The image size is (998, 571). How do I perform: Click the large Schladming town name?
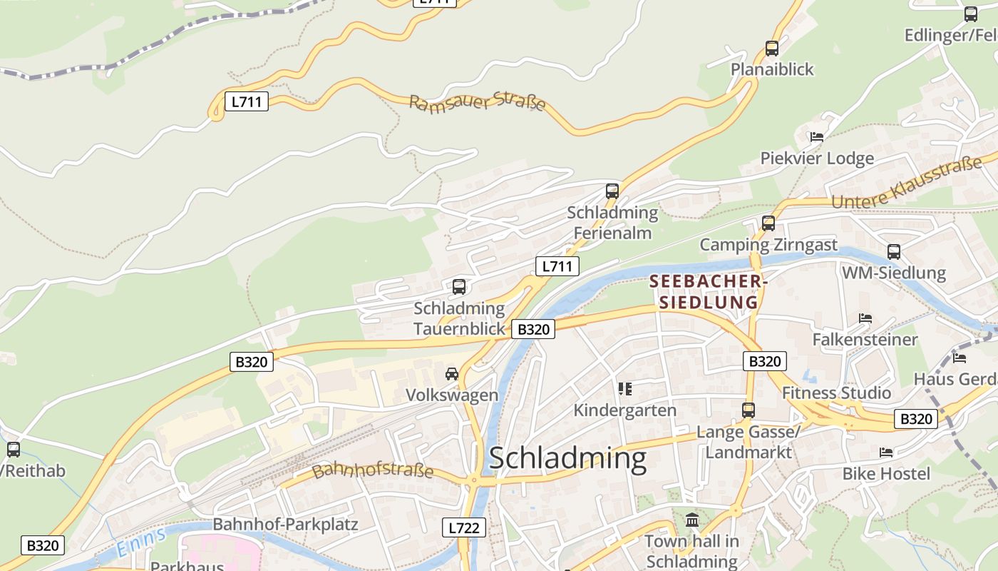pyautogui.click(x=567, y=458)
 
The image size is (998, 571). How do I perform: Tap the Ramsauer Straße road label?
pyautogui.click(x=477, y=102)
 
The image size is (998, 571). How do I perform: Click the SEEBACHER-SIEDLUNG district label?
pyautogui.click(x=708, y=292)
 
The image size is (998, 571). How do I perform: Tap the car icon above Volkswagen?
pyautogui.click(x=452, y=373)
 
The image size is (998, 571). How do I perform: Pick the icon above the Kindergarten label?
pyautogui.click(x=625, y=389)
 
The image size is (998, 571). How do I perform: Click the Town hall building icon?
pyautogui.click(x=691, y=520)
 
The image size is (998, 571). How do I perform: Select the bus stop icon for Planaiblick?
pyautogui.click(x=772, y=49)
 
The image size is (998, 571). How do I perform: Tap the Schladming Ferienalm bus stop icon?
pyautogui.click(x=612, y=191)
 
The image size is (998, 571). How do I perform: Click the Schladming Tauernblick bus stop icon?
pyautogui.click(x=459, y=287)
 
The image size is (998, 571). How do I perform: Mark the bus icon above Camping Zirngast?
pyautogui.click(x=768, y=223)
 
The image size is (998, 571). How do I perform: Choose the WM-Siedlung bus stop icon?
pyautogui.click(x=894, y=251)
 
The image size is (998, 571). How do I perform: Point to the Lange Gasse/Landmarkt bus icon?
pyautogui.click(x=748, y=410)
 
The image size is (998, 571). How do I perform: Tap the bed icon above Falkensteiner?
pyautogui.click(x=865, y=318)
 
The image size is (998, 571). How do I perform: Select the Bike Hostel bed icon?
pyautogui.click(x=886, y=453)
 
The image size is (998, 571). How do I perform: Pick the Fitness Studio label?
pyautogui.click(x=836, y=393)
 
